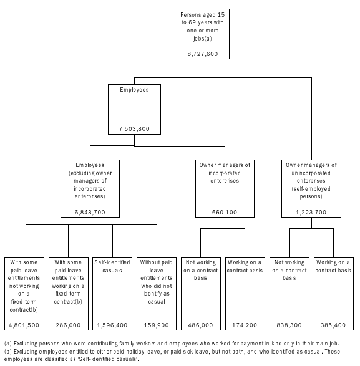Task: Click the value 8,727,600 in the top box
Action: (x=203, y=54)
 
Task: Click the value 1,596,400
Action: (x=113, y=325)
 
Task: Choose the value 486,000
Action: (x=201, y=325)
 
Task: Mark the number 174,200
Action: (x=245, y=325)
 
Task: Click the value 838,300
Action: (x=289, y=325)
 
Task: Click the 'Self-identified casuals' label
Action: (x=113, y=266)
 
